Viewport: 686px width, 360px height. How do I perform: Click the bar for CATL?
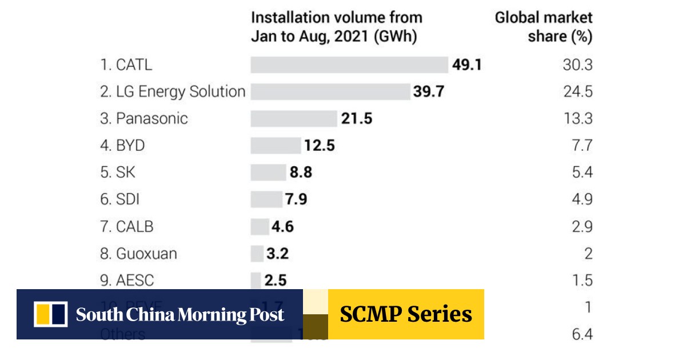click(349, 65)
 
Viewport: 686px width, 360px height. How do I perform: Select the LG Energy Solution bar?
click(330, 91)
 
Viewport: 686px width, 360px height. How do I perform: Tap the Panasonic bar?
click(294, 118)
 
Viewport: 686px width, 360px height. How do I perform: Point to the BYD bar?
click(276, 145)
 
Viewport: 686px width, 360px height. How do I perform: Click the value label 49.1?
click(467, 65)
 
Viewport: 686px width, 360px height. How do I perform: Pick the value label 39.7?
click(429, 91)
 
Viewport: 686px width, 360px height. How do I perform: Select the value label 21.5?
click(357, 118)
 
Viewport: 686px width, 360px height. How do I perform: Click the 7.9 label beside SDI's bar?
click(296, 199)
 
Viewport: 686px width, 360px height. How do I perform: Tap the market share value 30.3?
click(577, 65)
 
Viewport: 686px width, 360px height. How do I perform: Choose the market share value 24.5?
click(577, 91)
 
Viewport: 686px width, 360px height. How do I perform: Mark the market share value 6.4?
click(582, 334)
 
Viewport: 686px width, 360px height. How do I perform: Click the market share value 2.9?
click(582, 226)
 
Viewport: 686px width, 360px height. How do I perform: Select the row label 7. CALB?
click(127, 226)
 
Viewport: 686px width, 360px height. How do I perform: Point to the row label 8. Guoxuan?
click(138, 253)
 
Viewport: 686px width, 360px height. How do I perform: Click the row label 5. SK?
click(118, 172)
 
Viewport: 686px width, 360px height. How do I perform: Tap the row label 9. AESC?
click(127, 280)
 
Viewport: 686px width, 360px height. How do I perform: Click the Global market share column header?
click(544, 27)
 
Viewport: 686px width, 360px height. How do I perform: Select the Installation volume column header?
click(336, 27)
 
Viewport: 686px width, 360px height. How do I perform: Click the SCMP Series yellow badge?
click(406, 314)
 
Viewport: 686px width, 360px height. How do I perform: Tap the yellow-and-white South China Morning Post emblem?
click(51, 314)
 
